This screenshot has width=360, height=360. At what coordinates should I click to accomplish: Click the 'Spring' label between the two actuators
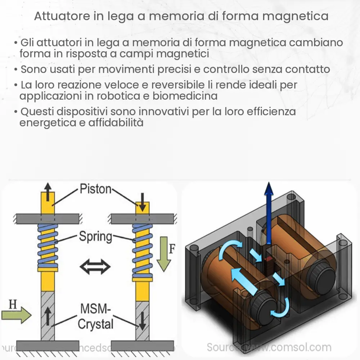pos(95,237)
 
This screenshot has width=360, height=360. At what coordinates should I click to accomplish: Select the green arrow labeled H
pos(16,316)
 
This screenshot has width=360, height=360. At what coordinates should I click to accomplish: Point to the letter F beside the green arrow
pos(172,249)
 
